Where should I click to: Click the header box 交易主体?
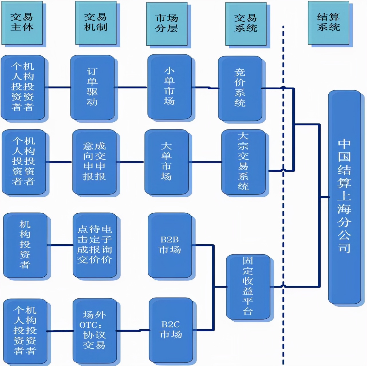click(22, 23)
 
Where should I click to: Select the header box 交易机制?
click(96, 23)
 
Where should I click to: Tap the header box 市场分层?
click(167, 24)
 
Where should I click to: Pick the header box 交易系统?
click(246, 24)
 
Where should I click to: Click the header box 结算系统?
click(328, 23)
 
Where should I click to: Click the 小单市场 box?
click(169, 87)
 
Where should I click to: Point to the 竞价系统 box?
click(240, 88)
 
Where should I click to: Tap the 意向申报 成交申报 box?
click(94, 162)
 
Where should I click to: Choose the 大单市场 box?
click(166, 162)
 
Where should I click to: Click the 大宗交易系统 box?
click(243, 162)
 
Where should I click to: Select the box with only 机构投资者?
click(25, 245)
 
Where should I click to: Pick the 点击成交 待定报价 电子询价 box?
click(94, 245)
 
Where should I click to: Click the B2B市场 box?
click(170, 245)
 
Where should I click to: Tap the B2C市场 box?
click(171, 330)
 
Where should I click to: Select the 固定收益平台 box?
click(248, 286)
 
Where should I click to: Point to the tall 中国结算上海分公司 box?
click(344, 197)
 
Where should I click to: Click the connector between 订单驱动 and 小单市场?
click(131, 87)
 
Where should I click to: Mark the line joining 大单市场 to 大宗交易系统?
click(205, 162)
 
